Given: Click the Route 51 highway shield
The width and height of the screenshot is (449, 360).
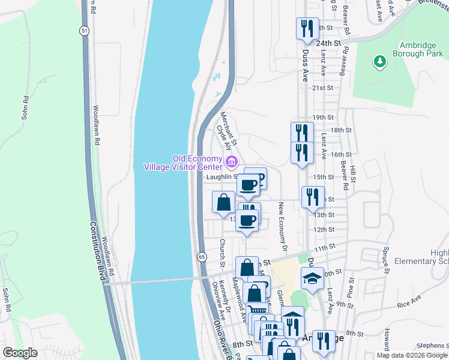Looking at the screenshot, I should (x=83, y=31).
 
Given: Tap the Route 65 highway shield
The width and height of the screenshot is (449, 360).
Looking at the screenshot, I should (x=202, y=257).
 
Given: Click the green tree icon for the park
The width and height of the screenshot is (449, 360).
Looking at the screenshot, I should (x=379, y=61).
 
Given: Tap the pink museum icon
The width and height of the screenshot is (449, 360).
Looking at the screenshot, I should (x=231, y=161).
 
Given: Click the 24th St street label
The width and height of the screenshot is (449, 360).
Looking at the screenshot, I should (x=328, y=44).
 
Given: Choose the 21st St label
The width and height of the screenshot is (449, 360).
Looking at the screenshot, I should (x=322, y=88).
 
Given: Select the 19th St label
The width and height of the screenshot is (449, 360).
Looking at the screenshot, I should (x=322, y=118).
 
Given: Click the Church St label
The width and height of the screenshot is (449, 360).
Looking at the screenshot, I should (x=221, y=252).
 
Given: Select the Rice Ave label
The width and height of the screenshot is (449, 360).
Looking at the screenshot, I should (x=408, y=302).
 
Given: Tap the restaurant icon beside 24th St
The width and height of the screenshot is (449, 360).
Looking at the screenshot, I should (x=306, y=30).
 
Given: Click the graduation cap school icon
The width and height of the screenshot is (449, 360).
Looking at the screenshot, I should (x=312, y=278).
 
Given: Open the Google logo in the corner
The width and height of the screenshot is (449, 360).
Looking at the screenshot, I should (x=20, y=352).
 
